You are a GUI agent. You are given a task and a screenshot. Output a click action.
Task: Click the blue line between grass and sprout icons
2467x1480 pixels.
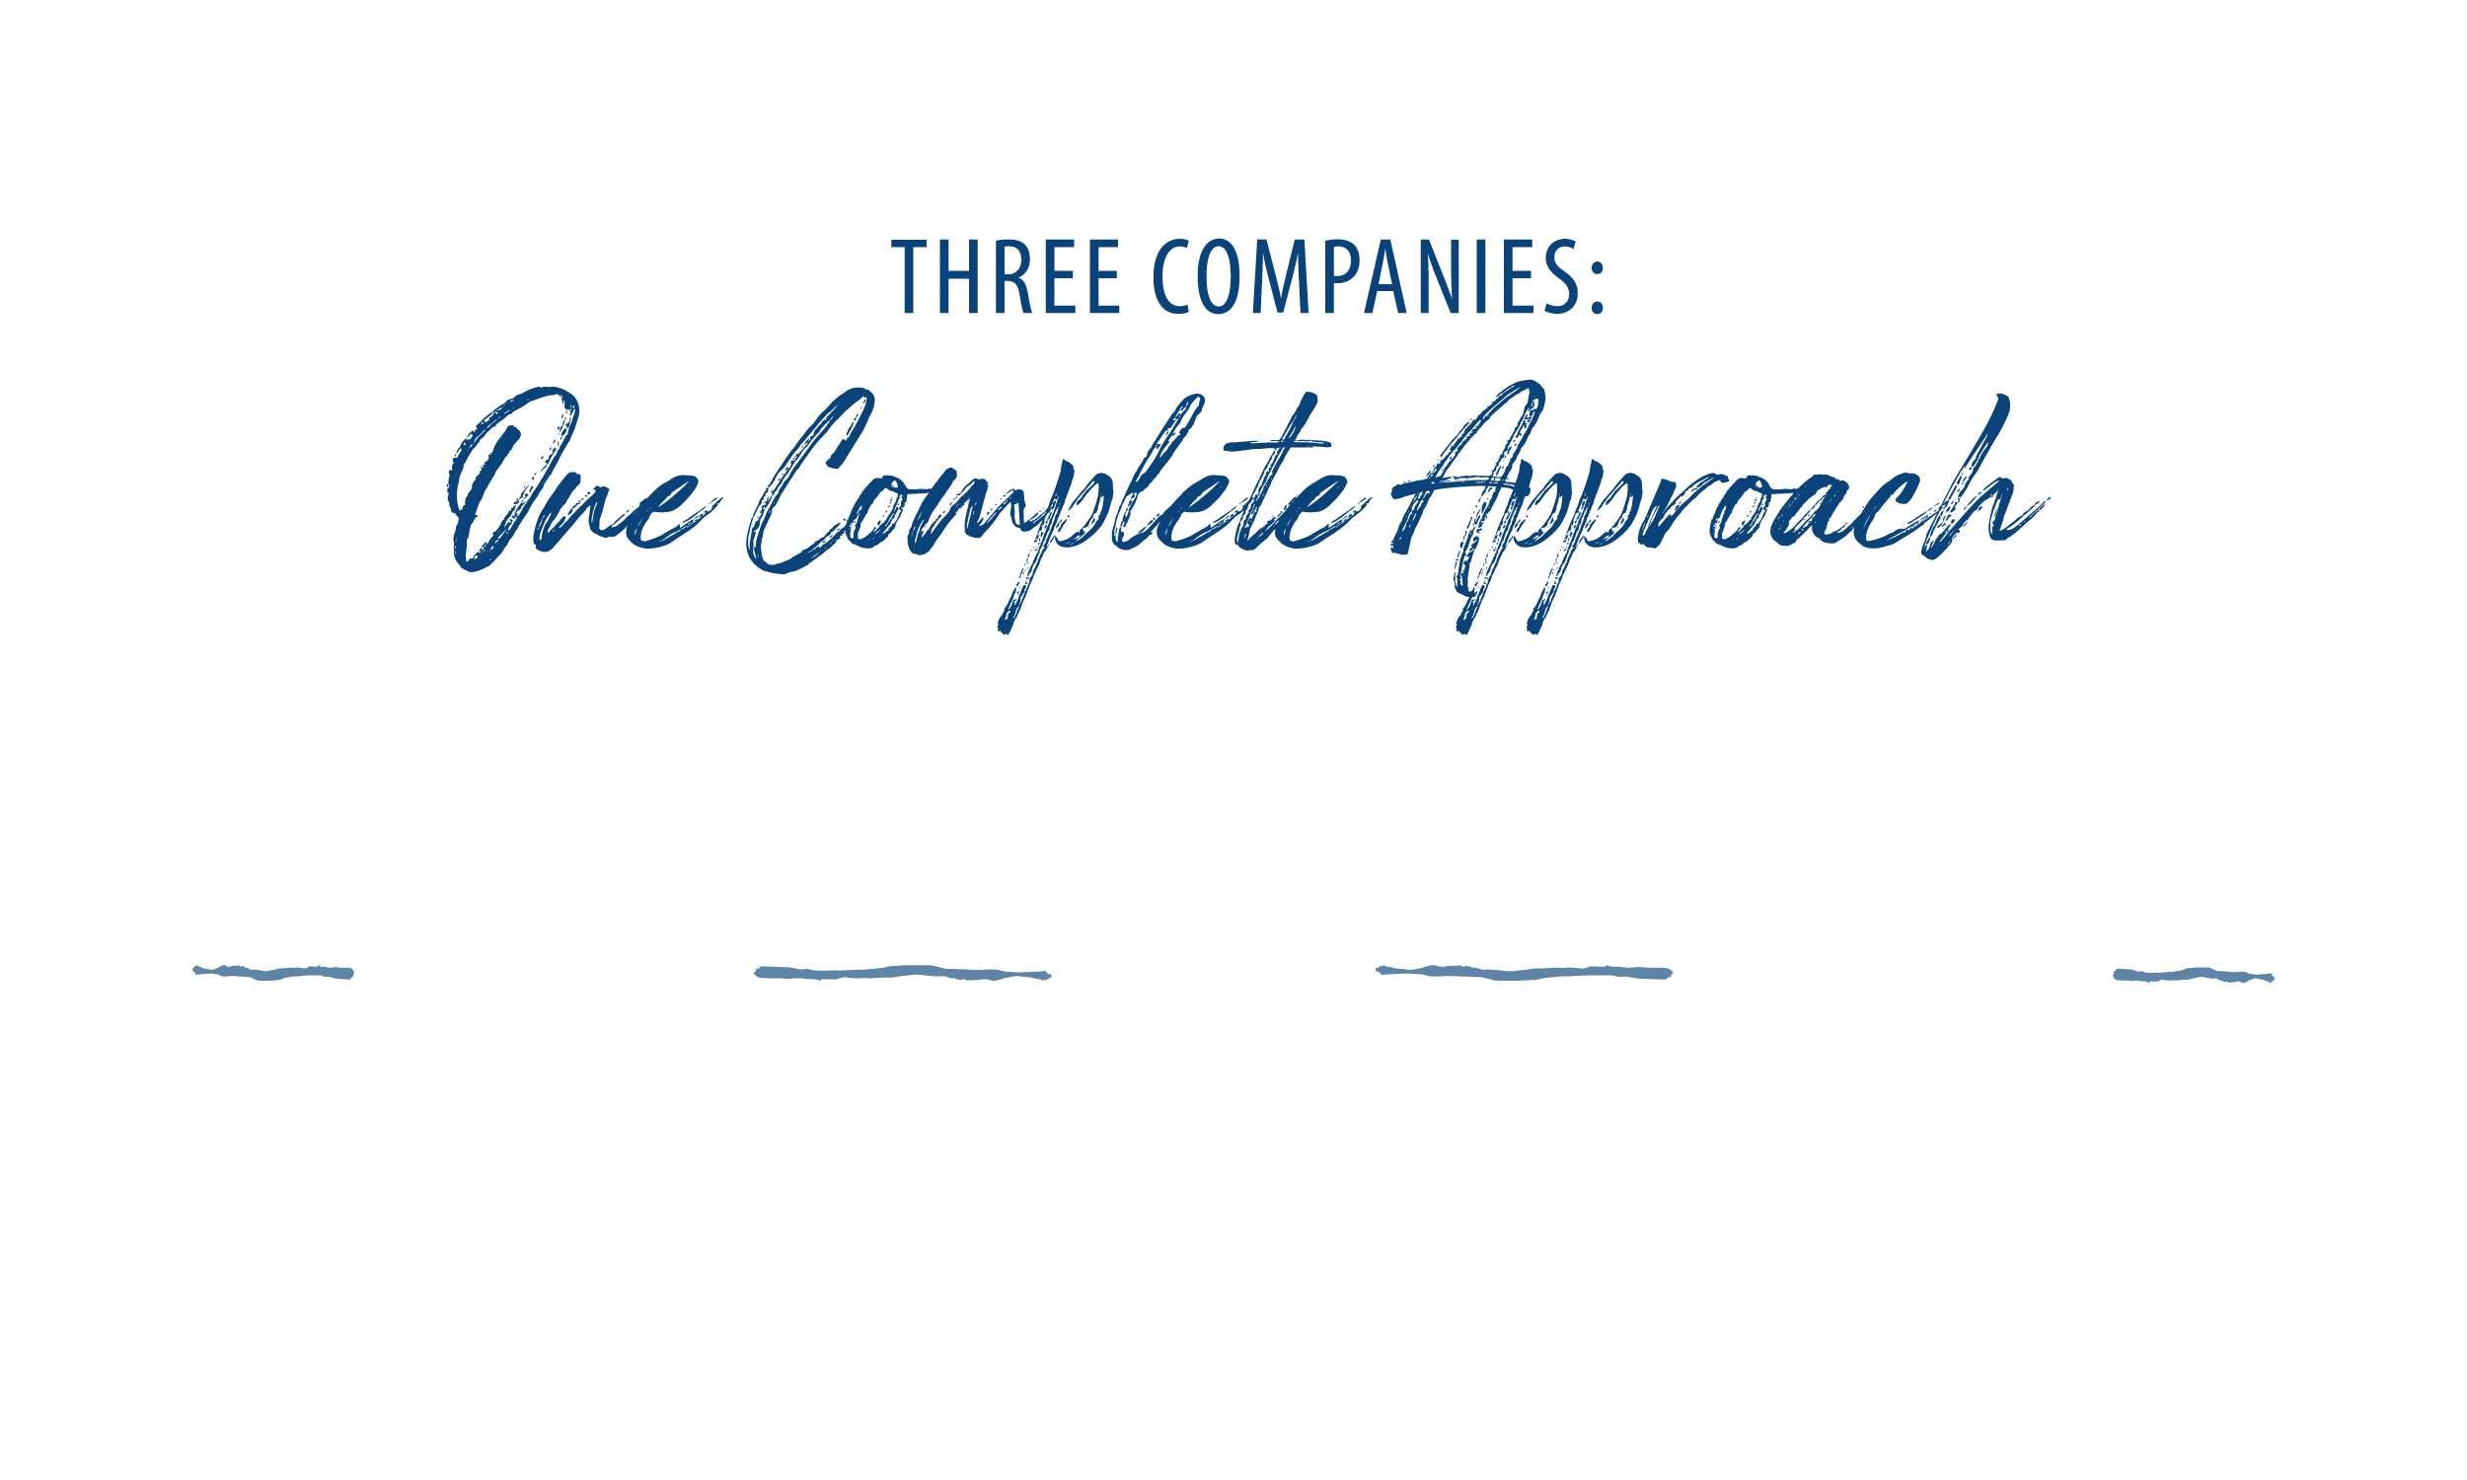(x=903, y=973)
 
